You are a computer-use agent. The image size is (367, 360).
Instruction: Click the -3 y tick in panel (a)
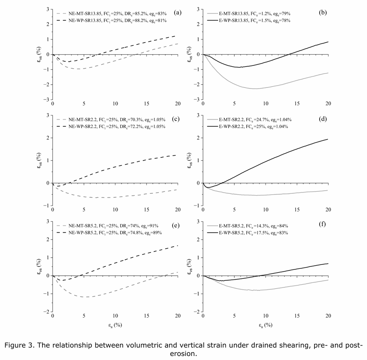48,100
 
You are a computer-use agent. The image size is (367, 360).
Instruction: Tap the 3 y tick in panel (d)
198,116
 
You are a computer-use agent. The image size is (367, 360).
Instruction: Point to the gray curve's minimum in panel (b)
255,88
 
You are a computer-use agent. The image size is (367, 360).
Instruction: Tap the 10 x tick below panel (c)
116,212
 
